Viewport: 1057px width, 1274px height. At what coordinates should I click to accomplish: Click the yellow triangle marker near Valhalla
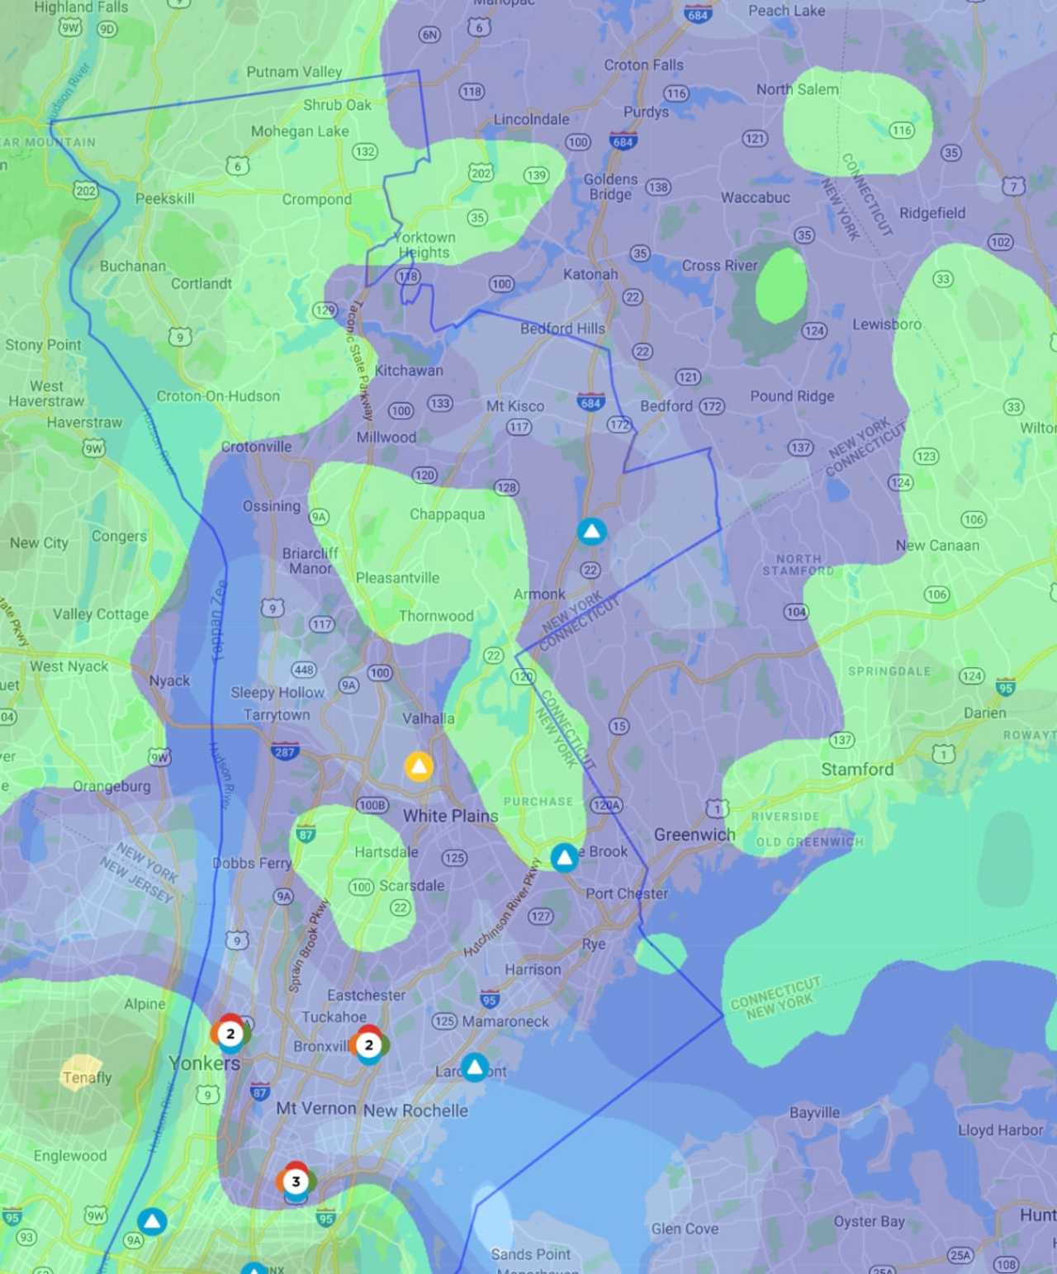(x=419, y=766)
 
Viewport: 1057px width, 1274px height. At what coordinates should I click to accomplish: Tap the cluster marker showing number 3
(x=296, y=1181)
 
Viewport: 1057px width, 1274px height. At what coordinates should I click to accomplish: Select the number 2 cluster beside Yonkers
(x=230, y=1033)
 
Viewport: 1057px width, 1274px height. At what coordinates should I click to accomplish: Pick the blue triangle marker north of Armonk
(x=591, y=532)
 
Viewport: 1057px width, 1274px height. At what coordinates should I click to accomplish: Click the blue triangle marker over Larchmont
(x=475, y=1067)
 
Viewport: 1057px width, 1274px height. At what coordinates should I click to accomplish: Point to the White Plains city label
(x=450, y=816)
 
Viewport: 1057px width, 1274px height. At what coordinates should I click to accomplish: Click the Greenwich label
(x=694, y=835)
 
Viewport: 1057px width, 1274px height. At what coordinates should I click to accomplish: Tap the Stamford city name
(x=856, y=770)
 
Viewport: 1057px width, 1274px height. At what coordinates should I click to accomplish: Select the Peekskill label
(x=165, y=199)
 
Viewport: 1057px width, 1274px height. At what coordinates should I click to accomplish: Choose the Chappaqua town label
(x=447, y=514)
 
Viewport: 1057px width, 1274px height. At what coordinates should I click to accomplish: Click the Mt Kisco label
(x=514, y=406)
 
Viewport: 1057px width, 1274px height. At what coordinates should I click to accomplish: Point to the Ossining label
(x=271, y=506)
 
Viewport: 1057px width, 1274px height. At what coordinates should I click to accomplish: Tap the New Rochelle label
(x=415, y=1111)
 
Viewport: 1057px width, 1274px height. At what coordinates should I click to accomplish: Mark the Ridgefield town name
(x=931, y=213)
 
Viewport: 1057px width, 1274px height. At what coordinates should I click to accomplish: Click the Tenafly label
(x=87, y=1077)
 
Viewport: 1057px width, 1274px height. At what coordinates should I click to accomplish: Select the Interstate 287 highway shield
(x=285, y=751)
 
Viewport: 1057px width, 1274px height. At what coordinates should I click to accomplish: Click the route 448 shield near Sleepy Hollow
(x=303, y=670)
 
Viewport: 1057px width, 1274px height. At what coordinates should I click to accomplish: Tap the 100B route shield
(x=372, y=805)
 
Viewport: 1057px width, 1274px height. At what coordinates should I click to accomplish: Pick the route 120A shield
(x=606, y=805)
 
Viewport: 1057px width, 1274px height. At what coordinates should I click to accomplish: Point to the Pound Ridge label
(x=792, y=396)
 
